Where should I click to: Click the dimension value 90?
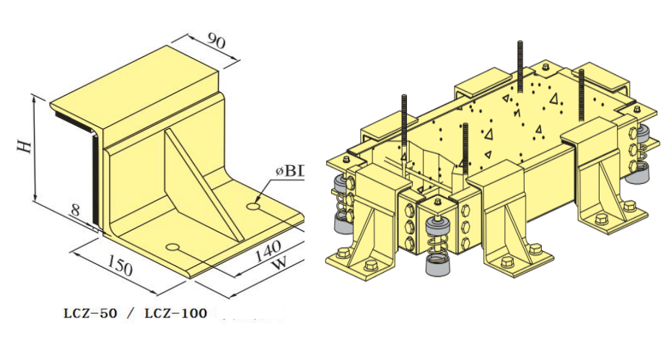point(216,41)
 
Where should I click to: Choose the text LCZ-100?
point(175,313)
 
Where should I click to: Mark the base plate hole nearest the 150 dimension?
point(172,247)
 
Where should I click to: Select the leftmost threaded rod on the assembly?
point(403,126)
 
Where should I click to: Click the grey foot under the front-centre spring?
point(437,268)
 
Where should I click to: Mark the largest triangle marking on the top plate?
point(555,99)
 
